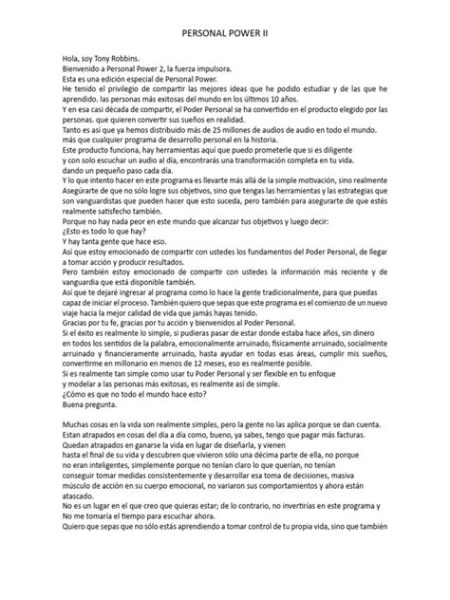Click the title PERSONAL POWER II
coord(225,31)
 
